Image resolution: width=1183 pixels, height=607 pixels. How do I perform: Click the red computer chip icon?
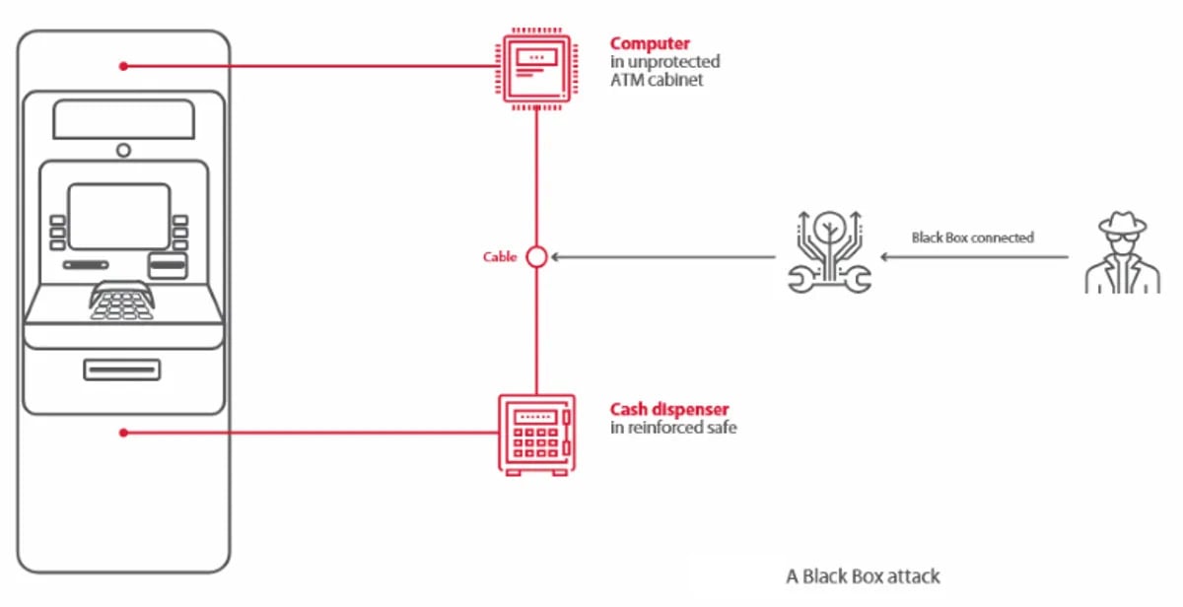[535, 66]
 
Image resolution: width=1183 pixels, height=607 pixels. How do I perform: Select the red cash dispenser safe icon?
[535, 435]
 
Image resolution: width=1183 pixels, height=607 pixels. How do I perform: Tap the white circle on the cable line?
[536, 257]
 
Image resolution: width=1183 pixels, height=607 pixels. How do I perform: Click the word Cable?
[500, 257]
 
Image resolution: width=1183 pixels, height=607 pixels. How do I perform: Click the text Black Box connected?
[972, 237]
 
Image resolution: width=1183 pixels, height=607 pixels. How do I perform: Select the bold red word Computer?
[650, 43]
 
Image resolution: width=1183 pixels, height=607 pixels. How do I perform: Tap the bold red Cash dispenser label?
[669, 409]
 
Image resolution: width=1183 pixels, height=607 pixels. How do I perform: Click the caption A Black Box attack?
[863, 576]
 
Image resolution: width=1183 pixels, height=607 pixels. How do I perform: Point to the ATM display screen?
[119, 216]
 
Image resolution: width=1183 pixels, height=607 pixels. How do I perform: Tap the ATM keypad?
[122, 302]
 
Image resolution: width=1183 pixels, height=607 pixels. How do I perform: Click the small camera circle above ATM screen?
[123, 150]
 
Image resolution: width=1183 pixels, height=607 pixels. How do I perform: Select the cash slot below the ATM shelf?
[122, 370]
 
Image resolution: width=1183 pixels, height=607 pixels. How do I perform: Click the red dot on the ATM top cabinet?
[123, 66]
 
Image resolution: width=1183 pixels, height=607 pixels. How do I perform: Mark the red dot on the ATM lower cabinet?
[123, 433]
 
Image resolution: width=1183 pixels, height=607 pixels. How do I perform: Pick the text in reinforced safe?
[673, 428]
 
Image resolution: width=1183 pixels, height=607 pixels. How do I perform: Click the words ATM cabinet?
[657, 80]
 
